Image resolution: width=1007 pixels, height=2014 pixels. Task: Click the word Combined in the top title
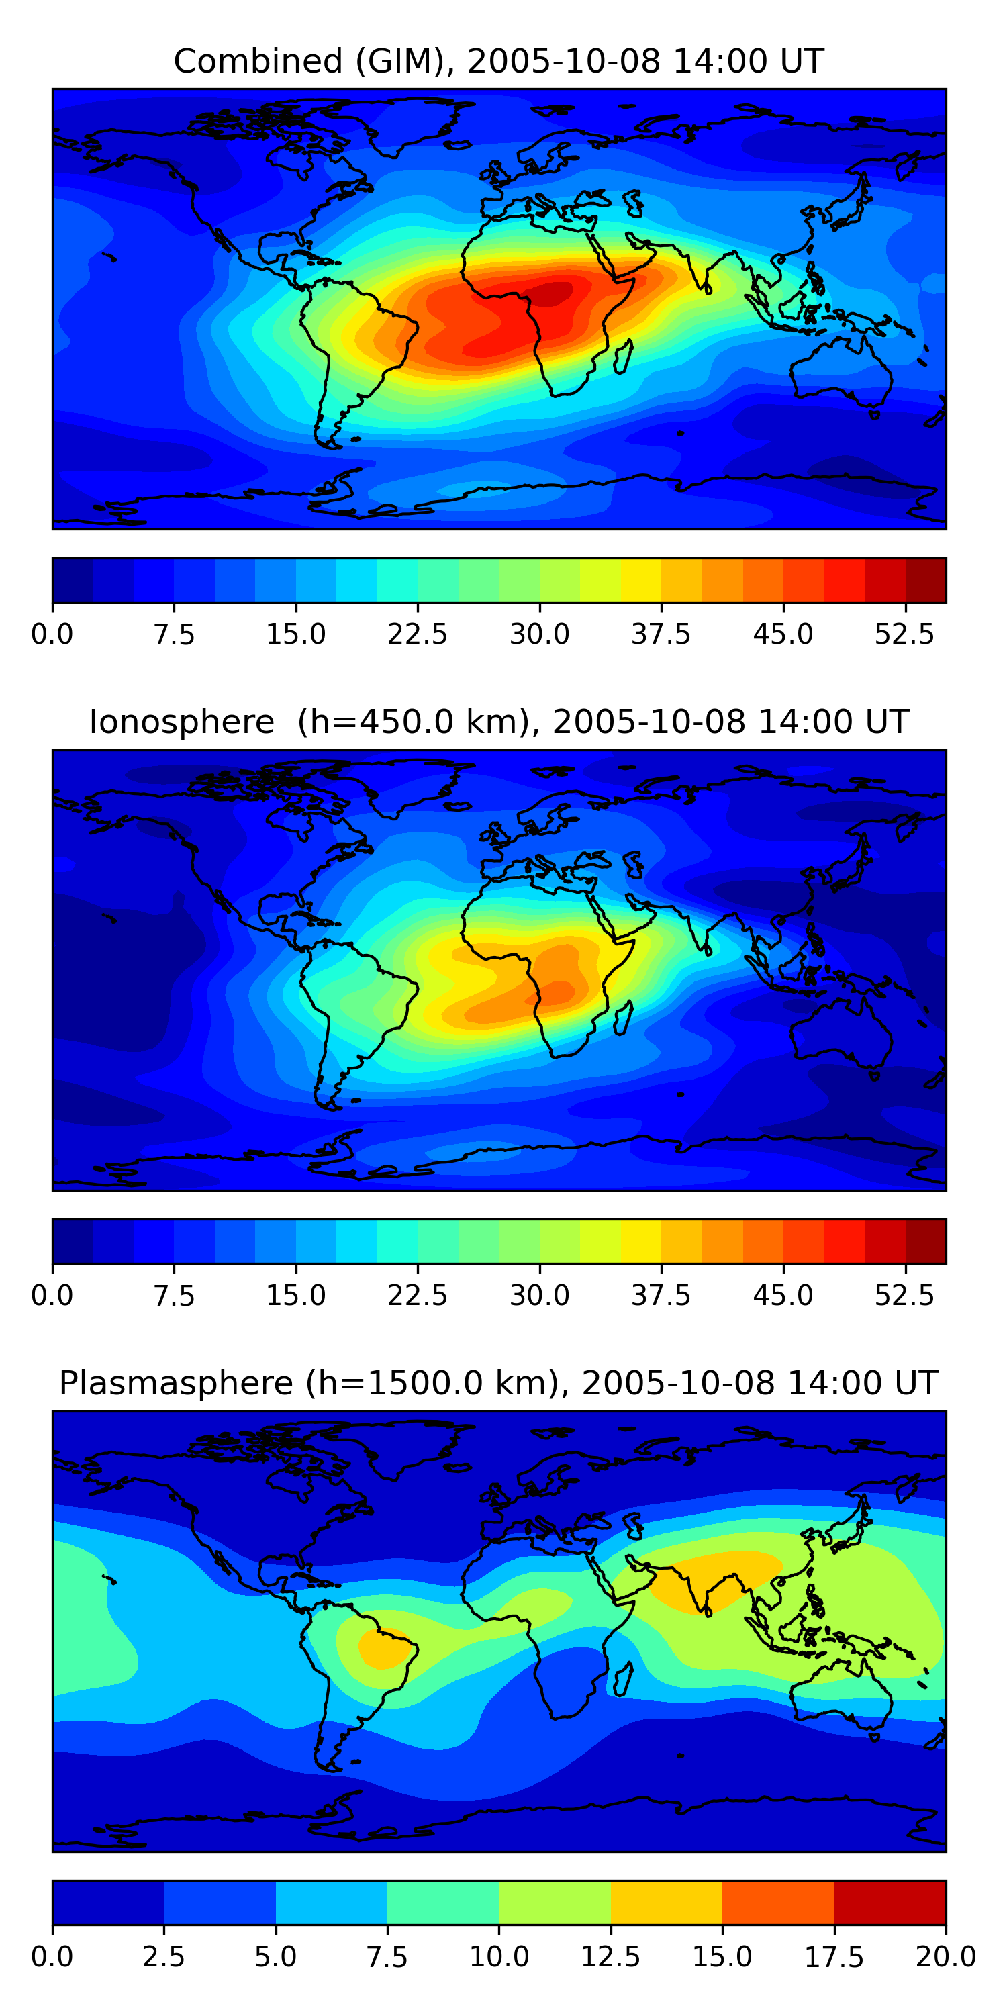(x=258, y=61)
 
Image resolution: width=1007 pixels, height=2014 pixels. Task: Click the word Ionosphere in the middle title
(x=181, y=722)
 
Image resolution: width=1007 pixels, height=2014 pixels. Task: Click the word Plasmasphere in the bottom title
(x=176, y=1383)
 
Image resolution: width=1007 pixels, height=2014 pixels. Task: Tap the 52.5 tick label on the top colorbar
(x=904, y=634)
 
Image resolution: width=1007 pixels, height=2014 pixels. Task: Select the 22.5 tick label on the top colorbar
(x=417, y=634)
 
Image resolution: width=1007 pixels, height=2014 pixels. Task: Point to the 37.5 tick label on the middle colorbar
(x=661, y=1296)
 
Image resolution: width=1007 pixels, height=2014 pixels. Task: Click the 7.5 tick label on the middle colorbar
(x=174, y=1296)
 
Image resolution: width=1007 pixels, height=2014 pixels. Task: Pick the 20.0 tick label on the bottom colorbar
(x=945, y=1957)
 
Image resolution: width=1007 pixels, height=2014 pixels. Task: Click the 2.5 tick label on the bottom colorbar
(x=163, y=1957)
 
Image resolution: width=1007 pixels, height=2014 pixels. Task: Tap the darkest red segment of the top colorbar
(x=926, y=580)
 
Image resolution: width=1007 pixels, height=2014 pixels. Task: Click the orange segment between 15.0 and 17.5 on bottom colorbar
(x=778, y=1902)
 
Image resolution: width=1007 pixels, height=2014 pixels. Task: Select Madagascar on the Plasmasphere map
(x=623, y=1680)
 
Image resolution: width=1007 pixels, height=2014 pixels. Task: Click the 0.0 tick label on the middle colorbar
(x=52, y=1296)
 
